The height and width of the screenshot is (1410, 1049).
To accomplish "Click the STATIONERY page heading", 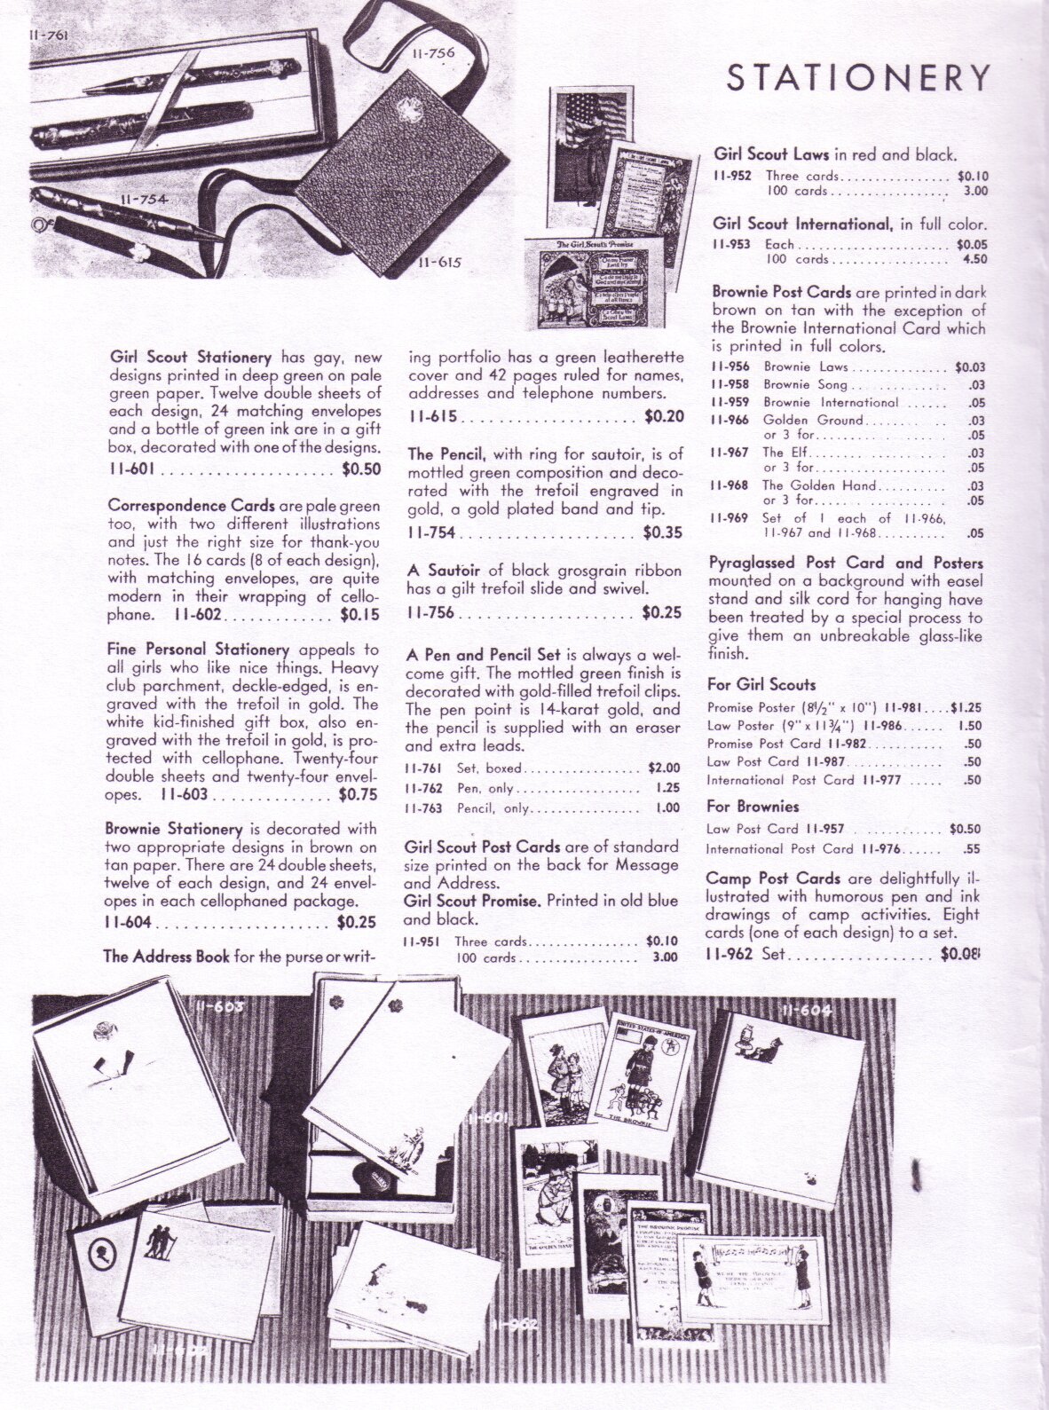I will point(857,79).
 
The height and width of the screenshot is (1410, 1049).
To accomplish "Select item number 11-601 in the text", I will point(129,470).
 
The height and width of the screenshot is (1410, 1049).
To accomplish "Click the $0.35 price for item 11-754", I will point(663,533).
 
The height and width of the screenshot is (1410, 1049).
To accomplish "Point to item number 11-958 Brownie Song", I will point(731,384).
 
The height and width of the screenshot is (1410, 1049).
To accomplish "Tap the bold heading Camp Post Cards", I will point(773,878).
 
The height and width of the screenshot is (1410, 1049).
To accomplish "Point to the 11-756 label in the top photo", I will point(433,54).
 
